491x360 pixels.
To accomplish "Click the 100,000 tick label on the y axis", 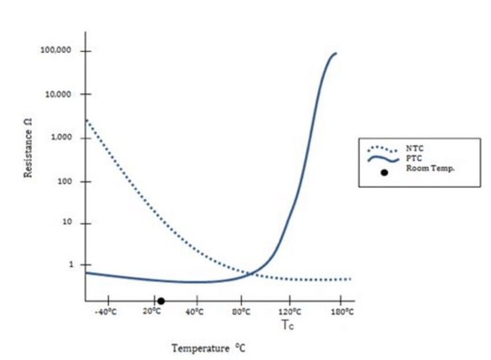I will pyautogui.click(x=56, y=51).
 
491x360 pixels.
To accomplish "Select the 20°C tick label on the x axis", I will pyautogui.click(x=151, y=312).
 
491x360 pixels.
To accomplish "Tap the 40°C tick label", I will pyautogui.click(x=195, y=312).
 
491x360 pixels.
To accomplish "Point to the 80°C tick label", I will pyautogui.click(x=241, y=312).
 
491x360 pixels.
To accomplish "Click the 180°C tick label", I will pyautogui.click(x=343, y=312).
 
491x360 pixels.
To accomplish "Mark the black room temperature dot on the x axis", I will pyautogui.click(x=161, y=301).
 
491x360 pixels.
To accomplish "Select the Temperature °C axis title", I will pyautogui.click(x=209, y=348).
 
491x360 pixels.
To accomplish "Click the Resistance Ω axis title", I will pyautogui.click(x=27, y=155).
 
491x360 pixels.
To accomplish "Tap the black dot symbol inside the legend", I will pyautogui.click(x=384, y=172).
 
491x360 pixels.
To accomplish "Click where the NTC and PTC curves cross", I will pyautogui.click(x=250, y=273).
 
